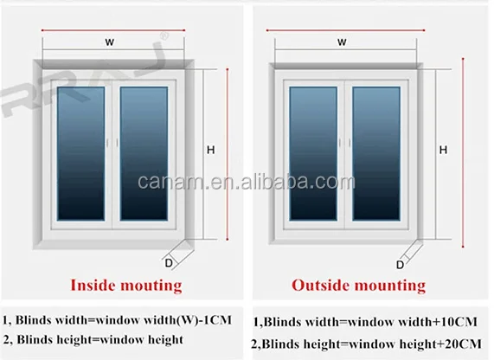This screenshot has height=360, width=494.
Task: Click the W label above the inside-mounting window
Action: click(x=110, y=42)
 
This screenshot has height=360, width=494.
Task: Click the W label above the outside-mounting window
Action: click(x=342, y=42)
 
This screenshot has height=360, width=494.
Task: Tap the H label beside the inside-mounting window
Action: click(x=211, y=150)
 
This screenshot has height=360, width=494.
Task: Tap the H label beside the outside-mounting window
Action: click(x=443, y=150)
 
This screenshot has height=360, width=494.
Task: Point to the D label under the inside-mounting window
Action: click(x=169, y=263)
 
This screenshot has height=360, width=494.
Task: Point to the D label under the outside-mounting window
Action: click(x=400, y=265)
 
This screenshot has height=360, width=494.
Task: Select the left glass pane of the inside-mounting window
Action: click(x=81, y=153)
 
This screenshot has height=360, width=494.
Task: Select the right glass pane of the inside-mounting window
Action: click(x=144, y=153)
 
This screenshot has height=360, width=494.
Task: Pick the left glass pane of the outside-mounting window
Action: click(x=313, y=153)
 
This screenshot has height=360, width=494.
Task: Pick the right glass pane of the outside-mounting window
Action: click(x=376, y=153)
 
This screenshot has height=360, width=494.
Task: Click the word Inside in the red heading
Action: click(x=93, y=285)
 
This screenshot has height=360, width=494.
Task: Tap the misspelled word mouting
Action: click(x=151, y=286)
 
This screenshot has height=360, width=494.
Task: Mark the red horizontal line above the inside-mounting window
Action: click(x=113, y=30)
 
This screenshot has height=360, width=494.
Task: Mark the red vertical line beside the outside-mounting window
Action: click(x=463, y=153)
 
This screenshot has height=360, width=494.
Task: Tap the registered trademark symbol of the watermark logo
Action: click(x=164, y=36)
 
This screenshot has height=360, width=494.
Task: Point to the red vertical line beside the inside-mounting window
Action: click(x=228, y=154)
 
